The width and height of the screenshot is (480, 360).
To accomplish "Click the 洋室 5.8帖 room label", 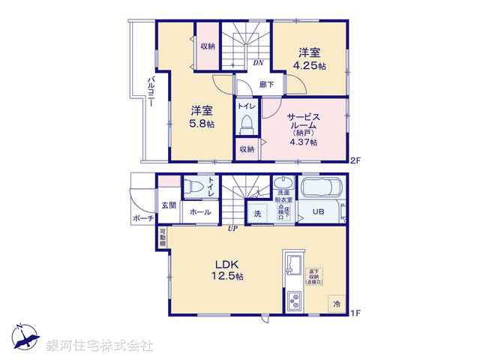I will click(202, 117).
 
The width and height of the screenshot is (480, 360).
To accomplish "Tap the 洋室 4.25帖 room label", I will click(310, 58).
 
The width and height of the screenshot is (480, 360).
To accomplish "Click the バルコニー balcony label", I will click(151, 93).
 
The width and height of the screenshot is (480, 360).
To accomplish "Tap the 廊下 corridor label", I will click(265, 85).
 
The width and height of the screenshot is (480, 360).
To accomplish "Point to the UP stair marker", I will click(233, 228).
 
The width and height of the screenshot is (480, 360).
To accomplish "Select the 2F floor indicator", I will click(356, 160).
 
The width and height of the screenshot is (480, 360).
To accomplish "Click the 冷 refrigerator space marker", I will click(337, 304).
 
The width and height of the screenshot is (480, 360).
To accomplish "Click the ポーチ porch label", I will click(142, 218).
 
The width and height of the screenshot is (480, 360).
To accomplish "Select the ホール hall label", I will click(199, 213).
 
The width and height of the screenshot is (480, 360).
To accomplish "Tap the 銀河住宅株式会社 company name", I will click(99, 346).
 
